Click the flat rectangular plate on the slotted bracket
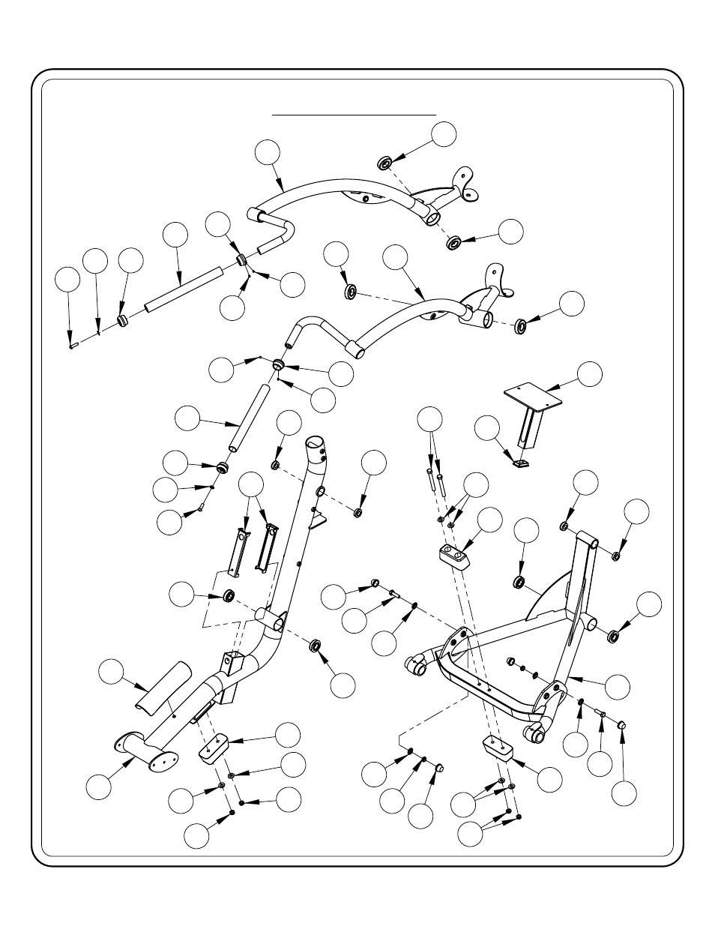pos(534,397)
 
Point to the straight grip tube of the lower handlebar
pos(249,418)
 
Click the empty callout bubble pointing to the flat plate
pos(590,373)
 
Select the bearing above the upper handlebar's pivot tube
pos(385,162)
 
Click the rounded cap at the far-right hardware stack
pos(622,724)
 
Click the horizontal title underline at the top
pos(354,115)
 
